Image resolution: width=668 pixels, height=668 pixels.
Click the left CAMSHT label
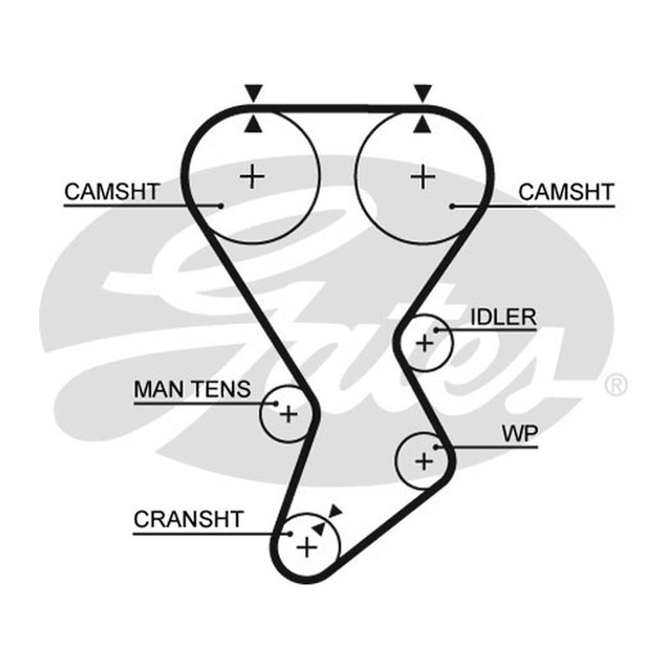coord(112,192)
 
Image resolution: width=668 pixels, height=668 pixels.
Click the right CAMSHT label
coord(566,192)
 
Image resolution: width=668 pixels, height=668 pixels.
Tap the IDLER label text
coord(504,317)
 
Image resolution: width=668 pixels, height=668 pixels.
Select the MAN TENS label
coord(192,389)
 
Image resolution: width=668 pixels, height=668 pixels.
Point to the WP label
coord(519,433)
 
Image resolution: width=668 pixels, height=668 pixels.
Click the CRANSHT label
coord(189,519)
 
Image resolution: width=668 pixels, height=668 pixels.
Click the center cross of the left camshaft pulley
coord(252,176)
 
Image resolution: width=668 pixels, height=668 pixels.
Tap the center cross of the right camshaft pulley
coord(423,177)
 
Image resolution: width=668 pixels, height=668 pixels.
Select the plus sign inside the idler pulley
coord(424,343)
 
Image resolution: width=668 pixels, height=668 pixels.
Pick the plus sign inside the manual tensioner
coord(288,413)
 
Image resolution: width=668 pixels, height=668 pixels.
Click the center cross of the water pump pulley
coord(424,461)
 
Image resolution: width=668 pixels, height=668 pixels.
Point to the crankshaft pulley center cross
coord(306,547)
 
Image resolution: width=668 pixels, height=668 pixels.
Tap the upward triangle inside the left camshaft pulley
coord(254,124)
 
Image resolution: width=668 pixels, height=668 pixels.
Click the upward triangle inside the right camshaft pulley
coord(423,124)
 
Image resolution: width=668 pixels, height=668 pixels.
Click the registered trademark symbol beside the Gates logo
coord(615,385)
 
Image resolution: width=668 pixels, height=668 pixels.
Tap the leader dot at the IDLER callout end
coord(436,330)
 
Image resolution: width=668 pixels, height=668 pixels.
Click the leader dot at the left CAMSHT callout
coord(220,206)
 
